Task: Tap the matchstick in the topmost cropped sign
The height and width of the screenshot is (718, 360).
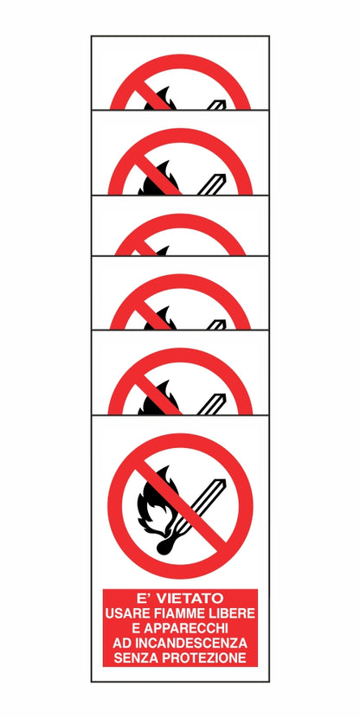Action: [216, 102]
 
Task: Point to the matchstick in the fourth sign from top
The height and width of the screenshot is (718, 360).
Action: [216, 324]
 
